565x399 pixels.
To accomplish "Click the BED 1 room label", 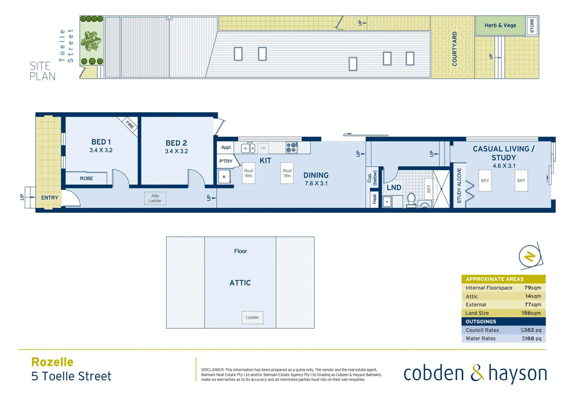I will pos(101,142).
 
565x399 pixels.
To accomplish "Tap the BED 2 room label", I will pos(176,143).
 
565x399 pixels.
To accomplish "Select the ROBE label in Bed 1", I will pos(87,178).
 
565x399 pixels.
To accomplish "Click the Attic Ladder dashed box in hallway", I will pos(155,198).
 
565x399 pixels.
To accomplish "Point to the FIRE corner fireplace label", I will pos(129,125).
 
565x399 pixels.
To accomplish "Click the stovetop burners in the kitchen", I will pos(291,147).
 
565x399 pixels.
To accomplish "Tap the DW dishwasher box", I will pos(263,148).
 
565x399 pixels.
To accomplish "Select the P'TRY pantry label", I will pos(226,161).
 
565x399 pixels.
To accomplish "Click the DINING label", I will pos(316,175).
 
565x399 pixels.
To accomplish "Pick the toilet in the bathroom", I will pos(411,199).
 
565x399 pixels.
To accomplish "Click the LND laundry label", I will pos(394,188).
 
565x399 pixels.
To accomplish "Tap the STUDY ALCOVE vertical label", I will pos(459,186).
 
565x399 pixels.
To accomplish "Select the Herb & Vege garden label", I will pos(500,25).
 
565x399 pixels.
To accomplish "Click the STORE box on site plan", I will pos(532,26).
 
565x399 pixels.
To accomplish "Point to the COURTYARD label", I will pos(454,49).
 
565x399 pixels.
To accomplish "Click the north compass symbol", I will pos(530,256).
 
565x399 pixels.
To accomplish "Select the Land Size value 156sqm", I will pos(531,313).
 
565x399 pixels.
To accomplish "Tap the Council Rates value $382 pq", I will pos(531,330).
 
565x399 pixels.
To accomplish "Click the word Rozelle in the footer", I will pos(53,362).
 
